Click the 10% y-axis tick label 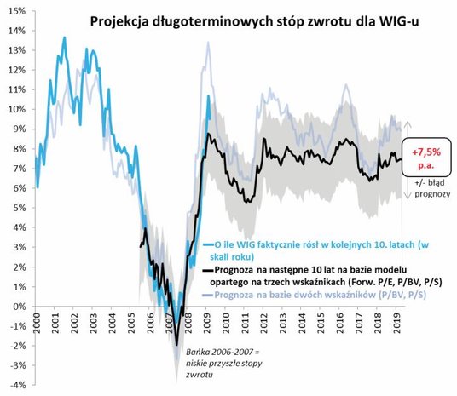pos(15,109)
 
